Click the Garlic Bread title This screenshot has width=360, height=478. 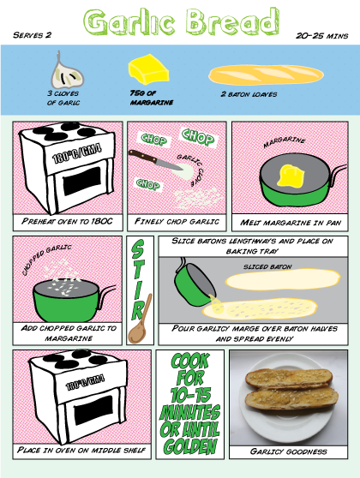click(183, 23)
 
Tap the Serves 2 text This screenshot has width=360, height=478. click(33, 36)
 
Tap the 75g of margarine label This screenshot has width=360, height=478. click(147, 99)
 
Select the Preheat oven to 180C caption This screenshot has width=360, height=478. click(67, 223)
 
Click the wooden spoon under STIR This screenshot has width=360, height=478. click(137, 318)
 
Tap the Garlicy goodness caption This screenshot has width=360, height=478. click(287, 450)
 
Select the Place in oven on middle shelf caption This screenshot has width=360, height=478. click(67, 450)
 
